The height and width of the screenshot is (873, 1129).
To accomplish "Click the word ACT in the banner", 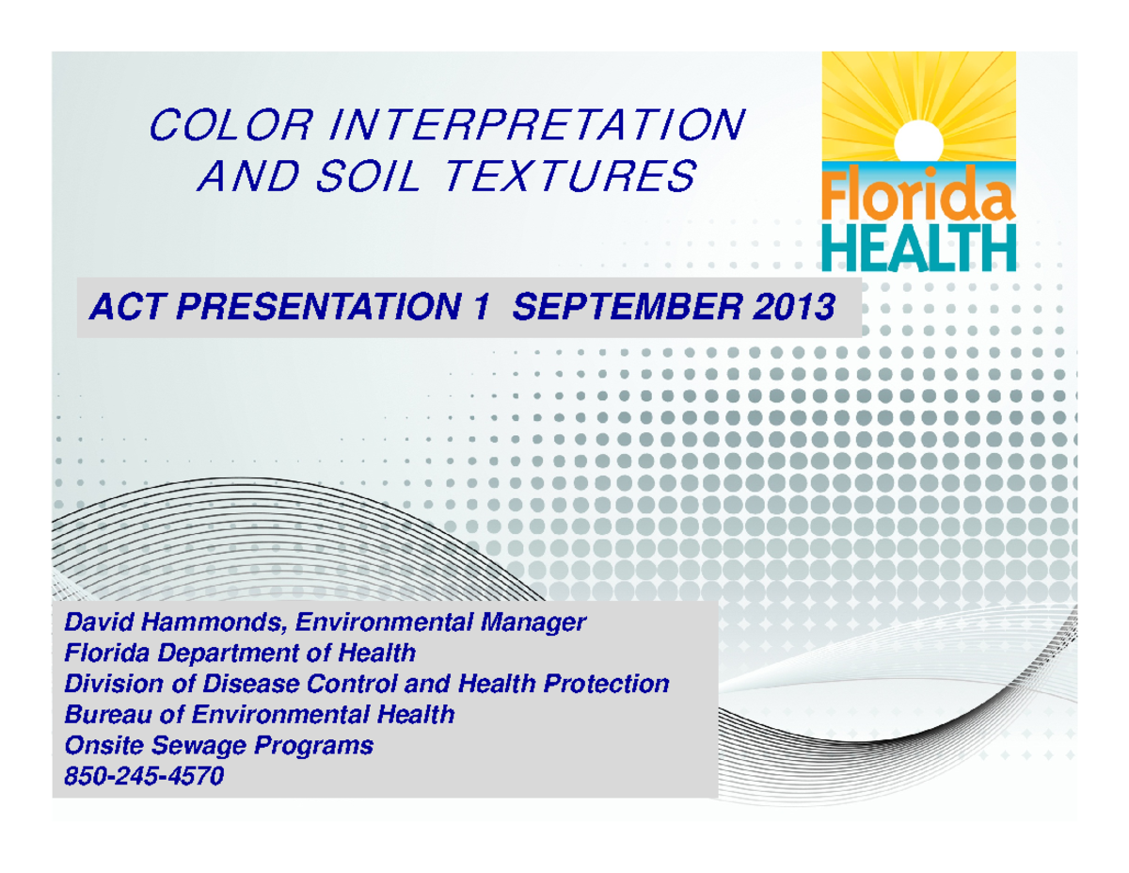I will pos(117,307).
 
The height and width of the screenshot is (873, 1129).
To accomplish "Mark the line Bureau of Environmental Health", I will pos(259,715).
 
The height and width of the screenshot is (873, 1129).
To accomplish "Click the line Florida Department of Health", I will pos(239,653).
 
